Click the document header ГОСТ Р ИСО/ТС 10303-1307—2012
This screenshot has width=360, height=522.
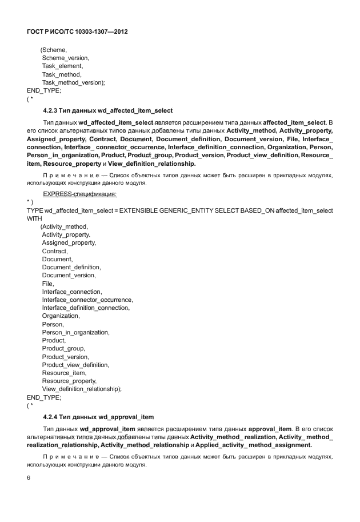(x=77, y=32)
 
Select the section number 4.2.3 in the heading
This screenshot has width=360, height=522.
(x=51, y=110)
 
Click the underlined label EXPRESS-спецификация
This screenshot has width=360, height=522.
(x=80, y=194)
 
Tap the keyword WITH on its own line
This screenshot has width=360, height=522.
(x=35, y=218)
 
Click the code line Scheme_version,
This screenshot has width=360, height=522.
(x=66, y=58)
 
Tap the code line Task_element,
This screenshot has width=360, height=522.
(x=62, y=66)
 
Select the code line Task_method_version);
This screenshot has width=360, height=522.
(x=74, y=82)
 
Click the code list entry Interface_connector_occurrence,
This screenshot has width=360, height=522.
(x=87, y=300)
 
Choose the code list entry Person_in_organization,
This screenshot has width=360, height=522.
(x=75, y=332)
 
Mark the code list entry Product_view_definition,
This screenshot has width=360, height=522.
(x=75, y=365)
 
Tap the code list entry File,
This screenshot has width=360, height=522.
(x=49, y=284)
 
